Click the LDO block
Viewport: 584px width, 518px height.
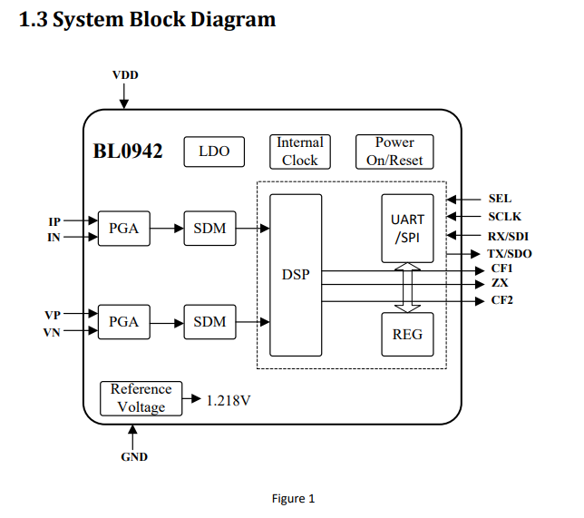pyautogui.click(x=214, y=151)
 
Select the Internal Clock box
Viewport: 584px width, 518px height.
pyautogui.click(x=299, y=151)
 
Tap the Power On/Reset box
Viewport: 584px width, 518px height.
pyautogui.click(x=394, y=151)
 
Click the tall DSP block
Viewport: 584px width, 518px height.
pyautogui.click(x=296, y=275)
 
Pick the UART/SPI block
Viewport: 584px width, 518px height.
pyautogui.click(x=407, y=228)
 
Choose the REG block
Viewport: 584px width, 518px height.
pyautogui.click(x=407, y=334)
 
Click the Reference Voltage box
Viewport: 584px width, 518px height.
pyautogui.click(x=141, y=397)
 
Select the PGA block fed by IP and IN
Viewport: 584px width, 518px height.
pyautogui.click(x=123, y=229)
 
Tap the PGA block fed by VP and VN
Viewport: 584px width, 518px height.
pyautogui.click(x=123, y=321)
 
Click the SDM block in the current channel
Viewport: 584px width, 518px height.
pyautogui.click(x=209, y=229)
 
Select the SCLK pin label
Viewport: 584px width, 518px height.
pyautogui.click(x=504, y=217)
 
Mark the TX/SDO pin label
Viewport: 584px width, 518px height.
pyautogui.click(x=509, y=254)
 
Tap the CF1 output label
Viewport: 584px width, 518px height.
pyautogui.click(x=502, y=269)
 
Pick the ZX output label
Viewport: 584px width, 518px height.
pyautogui.click(x=500, y=283)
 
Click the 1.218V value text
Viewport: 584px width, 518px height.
pyautogui.click(x=229, y=399)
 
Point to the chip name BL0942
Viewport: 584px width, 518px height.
pyautogui.click(x=128, y=151)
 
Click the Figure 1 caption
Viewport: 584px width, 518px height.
pyautogui.click(x=293, y=498)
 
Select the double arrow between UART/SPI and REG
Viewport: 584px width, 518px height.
pyautogui.click(x=407, y=288)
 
